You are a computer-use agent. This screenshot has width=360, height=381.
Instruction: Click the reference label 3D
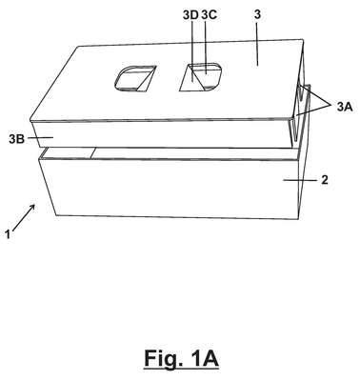pyautogui.click(x=190, y=15)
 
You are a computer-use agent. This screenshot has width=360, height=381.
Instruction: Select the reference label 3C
pyautogui.click(x=209, y=15)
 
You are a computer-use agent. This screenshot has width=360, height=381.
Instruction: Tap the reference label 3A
pyautogui.click(x=345, y=107)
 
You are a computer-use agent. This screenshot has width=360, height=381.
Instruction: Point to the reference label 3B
pyautogui.click(x=16, y=139)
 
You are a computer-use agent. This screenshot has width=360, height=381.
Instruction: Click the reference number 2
pyautogui.click(x=325, y=180)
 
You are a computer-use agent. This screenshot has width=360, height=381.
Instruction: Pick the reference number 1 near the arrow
pyautogui.click(x=8, y=234)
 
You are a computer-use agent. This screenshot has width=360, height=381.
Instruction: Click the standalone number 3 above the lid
pyautogui.click(x=257, y=15)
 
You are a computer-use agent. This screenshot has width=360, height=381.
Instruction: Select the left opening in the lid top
pyautogui.click(x=134, y=78)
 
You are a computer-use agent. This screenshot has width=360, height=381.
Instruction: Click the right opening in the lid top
pyautogui.click(x=201, y=77)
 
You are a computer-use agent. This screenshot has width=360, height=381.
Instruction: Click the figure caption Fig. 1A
pyautogui.click(x=181, y=359)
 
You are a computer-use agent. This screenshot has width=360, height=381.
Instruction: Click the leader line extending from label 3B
pyautogui.click(x=40, y=137)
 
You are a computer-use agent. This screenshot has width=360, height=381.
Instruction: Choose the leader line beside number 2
pyautogui.click(x=300, y=180)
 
